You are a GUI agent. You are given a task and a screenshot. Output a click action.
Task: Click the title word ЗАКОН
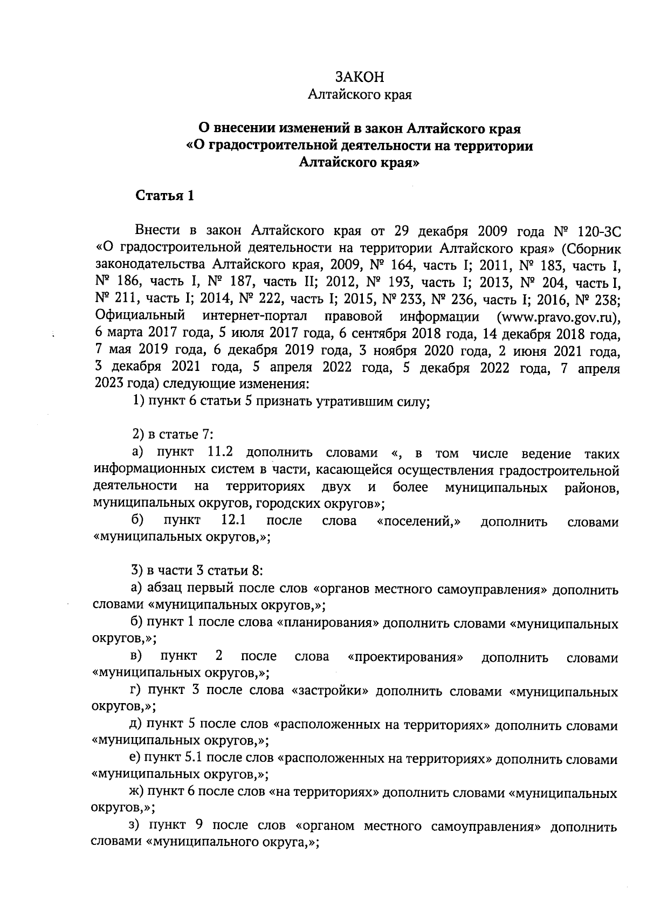[360, 77]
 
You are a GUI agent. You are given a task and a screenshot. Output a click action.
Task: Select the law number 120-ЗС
[599, 231]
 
